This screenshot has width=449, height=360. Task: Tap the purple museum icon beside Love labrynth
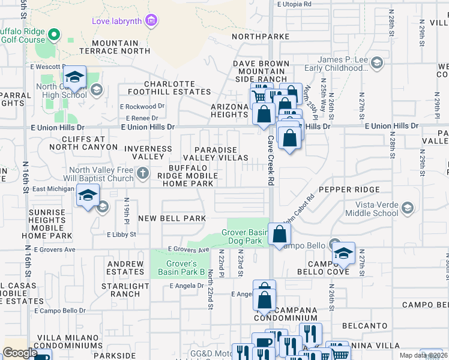[151, 22]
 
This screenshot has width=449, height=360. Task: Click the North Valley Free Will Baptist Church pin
[142, 174]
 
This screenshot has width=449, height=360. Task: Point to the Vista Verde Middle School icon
[408, 208]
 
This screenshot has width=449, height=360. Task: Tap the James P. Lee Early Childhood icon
[376, 62]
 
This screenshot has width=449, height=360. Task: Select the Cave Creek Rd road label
[271, 160]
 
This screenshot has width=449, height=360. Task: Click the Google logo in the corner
[20, 353]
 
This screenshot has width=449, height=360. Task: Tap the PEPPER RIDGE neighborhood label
[349, 190]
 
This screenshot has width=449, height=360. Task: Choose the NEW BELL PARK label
[172, 218]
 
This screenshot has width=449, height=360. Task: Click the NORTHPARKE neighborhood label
[261, 37]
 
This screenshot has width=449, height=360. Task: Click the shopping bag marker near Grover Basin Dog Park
[279, 234]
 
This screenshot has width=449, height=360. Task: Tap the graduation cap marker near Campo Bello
[344, 253]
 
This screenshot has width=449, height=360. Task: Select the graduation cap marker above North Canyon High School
[75, 77]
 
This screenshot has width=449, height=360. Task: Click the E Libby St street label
[121, 235]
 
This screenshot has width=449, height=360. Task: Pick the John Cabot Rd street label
[300, 211]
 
